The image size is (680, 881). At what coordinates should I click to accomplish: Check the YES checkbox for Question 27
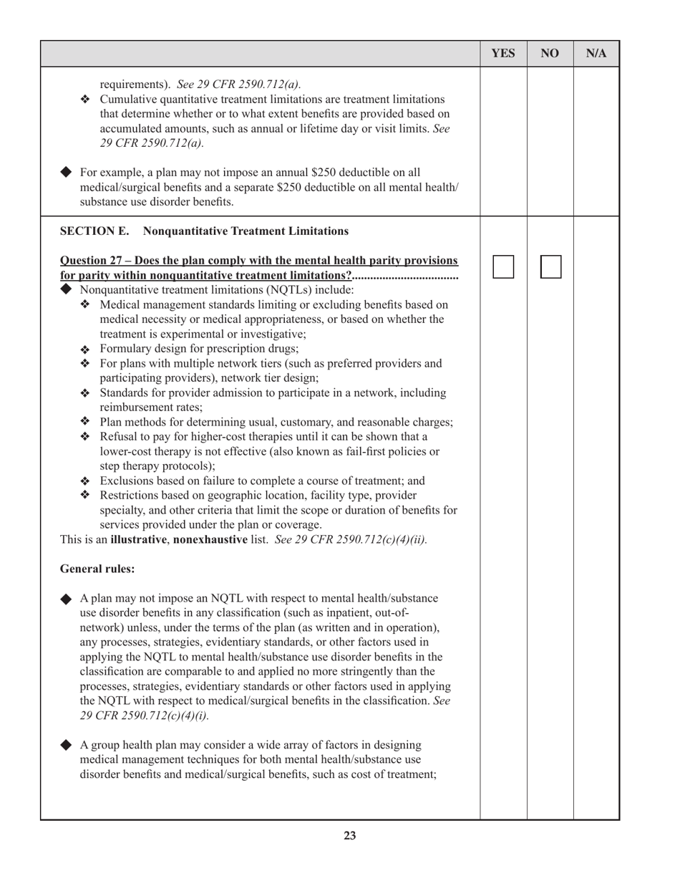[x=503, y=266]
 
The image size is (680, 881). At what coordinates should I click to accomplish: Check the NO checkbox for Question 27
[x=550, y=266]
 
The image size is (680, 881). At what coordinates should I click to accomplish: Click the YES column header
[x=503, y=54]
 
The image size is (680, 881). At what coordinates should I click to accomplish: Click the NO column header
[x=550, y=54]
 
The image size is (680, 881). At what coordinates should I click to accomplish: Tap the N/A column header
[x=596, y=54]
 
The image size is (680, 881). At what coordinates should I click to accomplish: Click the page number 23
[x=349, y=835]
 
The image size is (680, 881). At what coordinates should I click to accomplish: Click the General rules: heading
[x=97, y=569]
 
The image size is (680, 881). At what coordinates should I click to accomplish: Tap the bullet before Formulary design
[x=85, y=350]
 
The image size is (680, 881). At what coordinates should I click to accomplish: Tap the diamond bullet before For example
[x=67, y=172]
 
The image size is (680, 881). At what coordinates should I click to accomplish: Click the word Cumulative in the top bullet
[x=127, y=98]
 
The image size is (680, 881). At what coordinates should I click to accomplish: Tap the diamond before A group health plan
[x=67, y=745]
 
